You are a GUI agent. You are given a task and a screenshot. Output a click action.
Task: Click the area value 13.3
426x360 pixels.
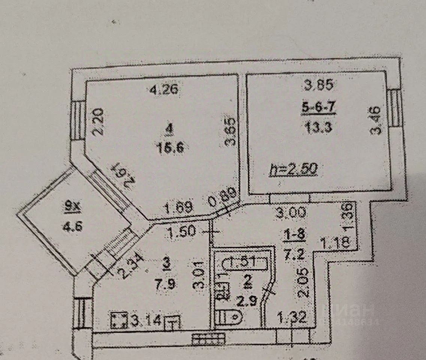[318, 128]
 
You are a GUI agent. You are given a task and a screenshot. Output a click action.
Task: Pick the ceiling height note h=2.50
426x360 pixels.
[294, 170]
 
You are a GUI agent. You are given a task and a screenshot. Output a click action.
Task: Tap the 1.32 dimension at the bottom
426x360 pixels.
[292, 318]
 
